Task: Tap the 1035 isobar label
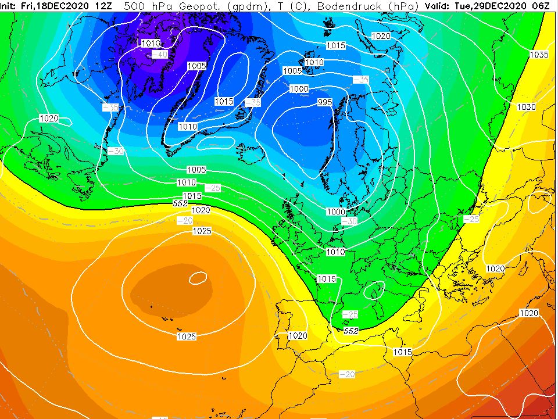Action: (x=539, y=55)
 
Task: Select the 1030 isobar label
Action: (x=526, y=108)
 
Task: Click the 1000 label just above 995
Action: (x=299, y=89)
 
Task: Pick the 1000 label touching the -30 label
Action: (x=335, y=212)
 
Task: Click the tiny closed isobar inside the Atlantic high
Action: (x=198, y=280)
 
